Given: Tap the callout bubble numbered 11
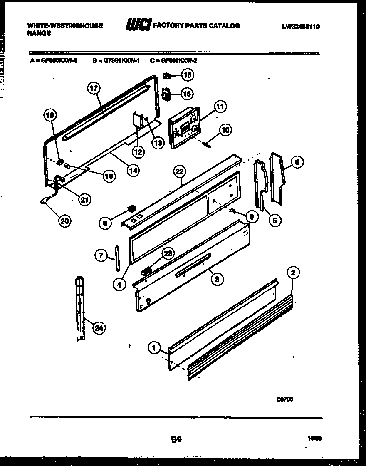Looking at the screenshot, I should (219, 107).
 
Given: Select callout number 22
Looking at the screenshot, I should (179, 171).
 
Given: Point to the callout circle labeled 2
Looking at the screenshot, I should (293, 273).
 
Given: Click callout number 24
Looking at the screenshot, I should (99, 328).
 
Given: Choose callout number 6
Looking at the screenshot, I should (297, 162).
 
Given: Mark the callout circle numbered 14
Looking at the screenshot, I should (134, 170).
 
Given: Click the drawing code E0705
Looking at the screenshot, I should (284, 399).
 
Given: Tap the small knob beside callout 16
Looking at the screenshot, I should (167, 76).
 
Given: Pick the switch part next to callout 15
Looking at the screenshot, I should (166, 95).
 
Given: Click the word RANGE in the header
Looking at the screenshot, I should (39, 33).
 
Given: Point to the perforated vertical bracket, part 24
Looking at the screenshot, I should (79, 306).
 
